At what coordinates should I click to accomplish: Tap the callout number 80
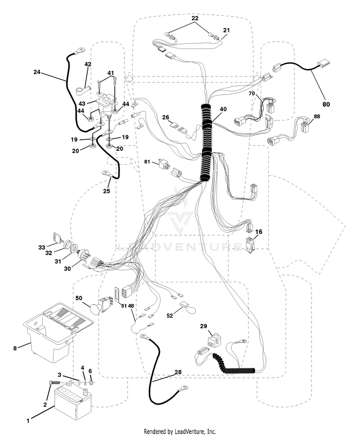point(326,104)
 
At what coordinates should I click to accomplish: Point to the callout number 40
point(223,109)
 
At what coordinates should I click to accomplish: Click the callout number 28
point(178,372)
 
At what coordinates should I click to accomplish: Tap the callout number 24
point(36,72)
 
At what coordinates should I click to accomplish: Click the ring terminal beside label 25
point(107,173)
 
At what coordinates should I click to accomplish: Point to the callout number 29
point(204,326)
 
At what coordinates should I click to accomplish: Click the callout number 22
point(195,18)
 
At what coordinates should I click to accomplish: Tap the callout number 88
point(317,116)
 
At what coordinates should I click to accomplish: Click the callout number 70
point(252,94)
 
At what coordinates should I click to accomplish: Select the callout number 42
point(88,64)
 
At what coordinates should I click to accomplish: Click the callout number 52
point(169,315)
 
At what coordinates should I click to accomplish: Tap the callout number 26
point(166,117)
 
